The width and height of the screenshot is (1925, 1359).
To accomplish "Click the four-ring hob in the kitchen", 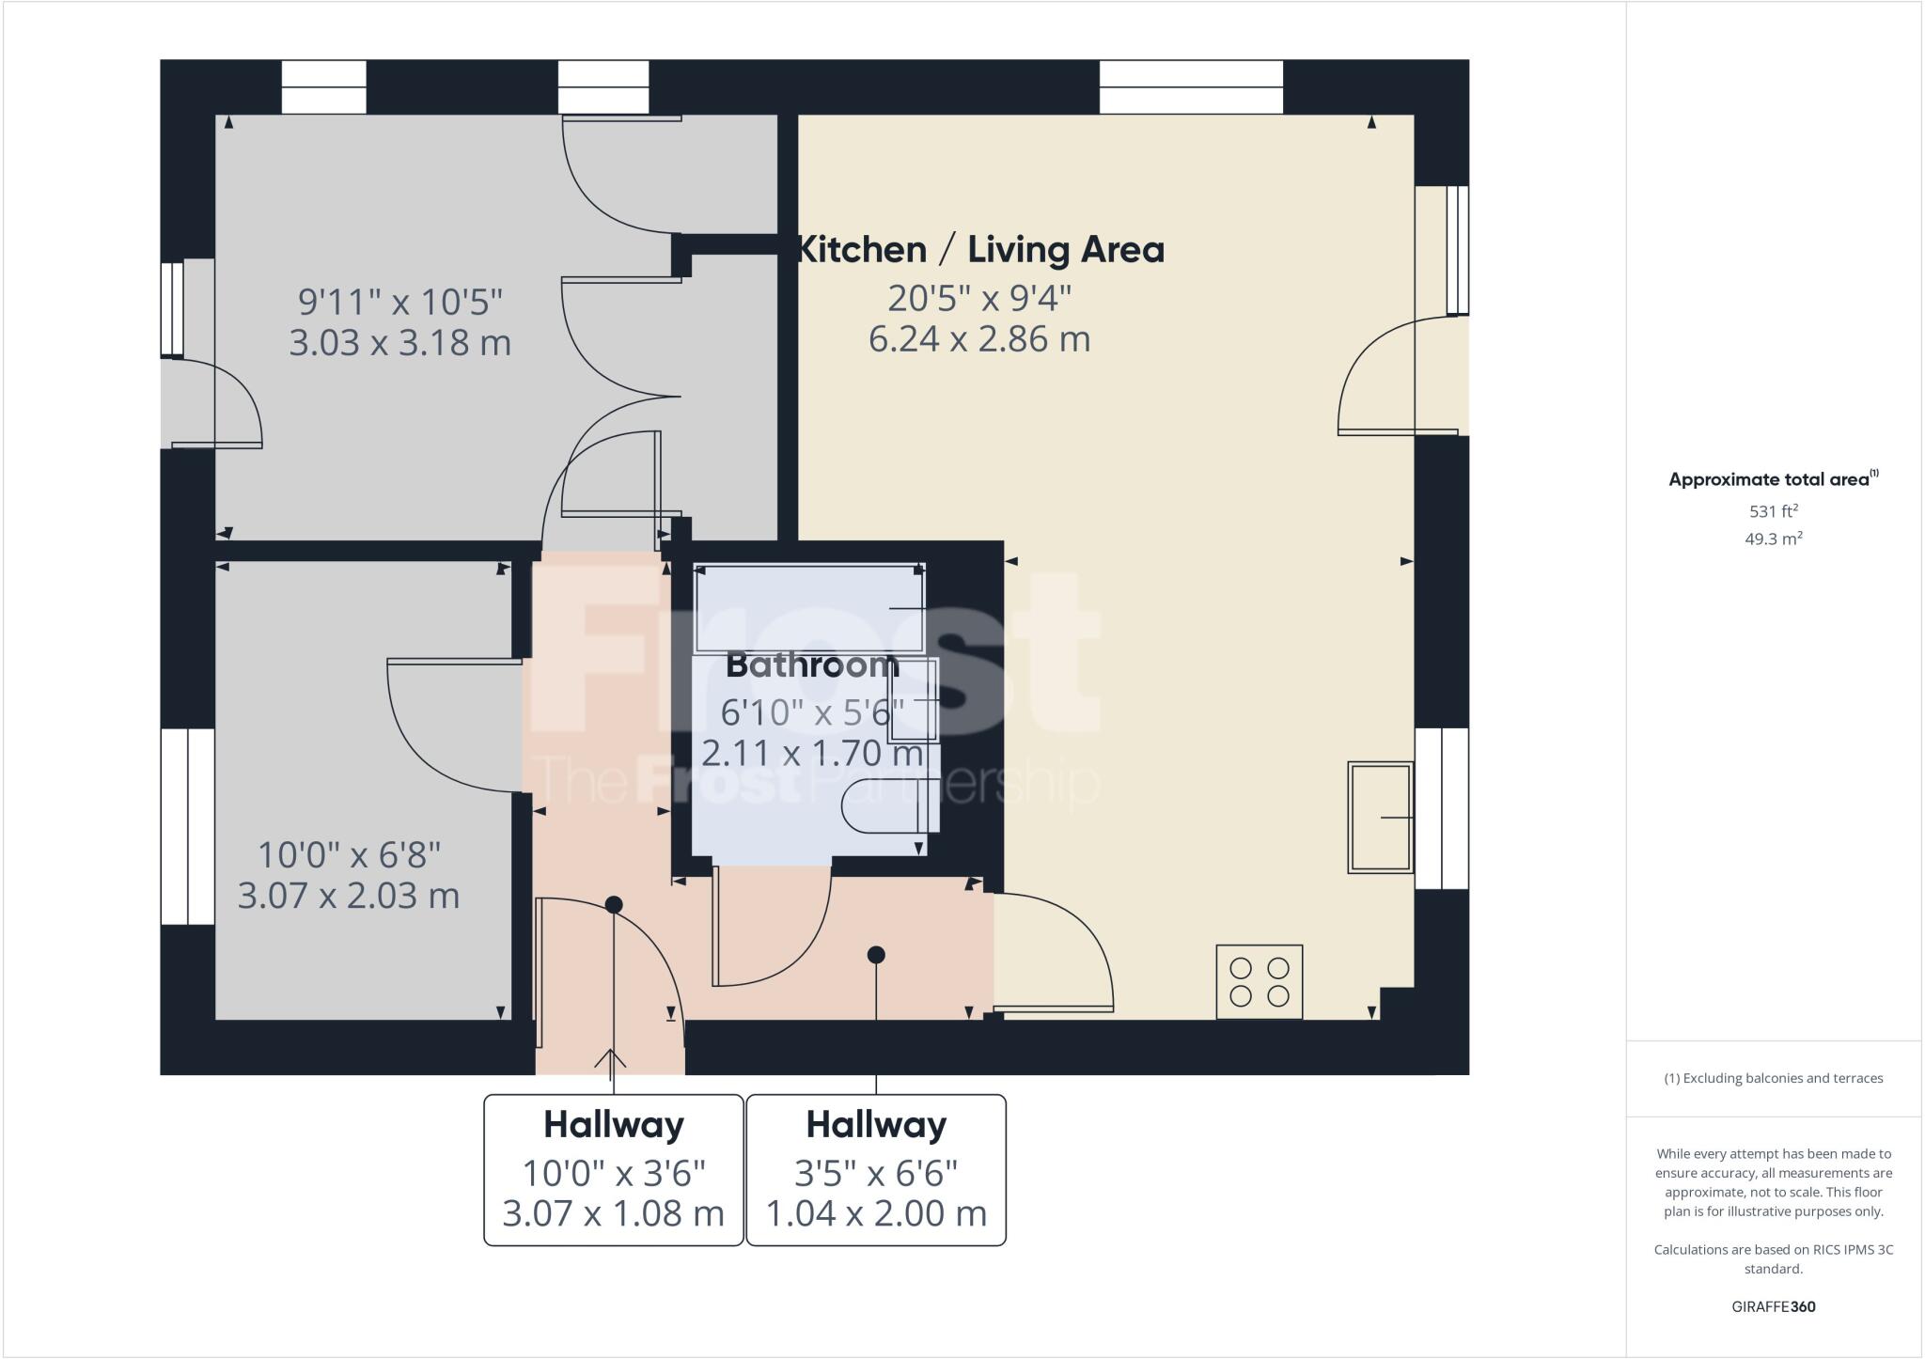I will tap(1259, 981).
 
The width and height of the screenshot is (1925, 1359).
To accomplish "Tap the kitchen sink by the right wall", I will tap(1380, 817).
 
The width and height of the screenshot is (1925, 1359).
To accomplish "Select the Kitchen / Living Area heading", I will tap(980, 250).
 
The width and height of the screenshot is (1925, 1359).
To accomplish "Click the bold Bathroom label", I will tap(812, 665).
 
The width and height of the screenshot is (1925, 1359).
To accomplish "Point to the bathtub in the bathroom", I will tap(809, 609).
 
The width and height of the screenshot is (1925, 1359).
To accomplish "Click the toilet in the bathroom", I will tap(888, 806).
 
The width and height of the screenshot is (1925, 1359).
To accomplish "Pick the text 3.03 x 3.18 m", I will tap(399, 342).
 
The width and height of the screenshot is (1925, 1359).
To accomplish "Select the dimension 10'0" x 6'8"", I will tap(349, 855).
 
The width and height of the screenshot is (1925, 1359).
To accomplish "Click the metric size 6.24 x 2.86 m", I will tap(979, 338).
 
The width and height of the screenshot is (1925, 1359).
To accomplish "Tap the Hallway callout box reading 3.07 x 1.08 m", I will tap(614, 1170).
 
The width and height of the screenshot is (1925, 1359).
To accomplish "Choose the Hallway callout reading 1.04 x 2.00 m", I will tap(876, 1170).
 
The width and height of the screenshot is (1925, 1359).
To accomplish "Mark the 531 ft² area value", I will tap(1773, 511).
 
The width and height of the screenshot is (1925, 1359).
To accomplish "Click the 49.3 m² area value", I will tap(1773, 539).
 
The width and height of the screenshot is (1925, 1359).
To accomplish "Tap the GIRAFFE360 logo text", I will tap(1773, 1306).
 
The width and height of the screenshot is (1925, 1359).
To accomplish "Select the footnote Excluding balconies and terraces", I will tap(1773, 1078).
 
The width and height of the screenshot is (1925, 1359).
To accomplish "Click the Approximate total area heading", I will tap(1771, 479).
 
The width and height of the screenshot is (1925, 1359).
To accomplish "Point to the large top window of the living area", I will tap(1191, 86).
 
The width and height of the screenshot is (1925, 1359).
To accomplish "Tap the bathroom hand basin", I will tap(915, 701).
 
